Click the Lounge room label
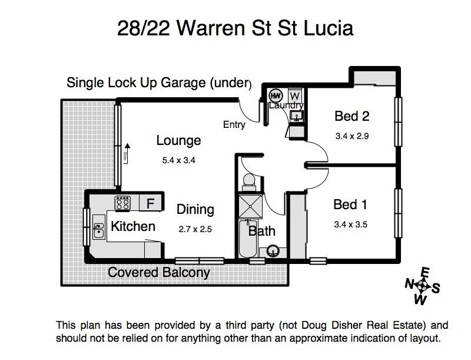coord(178,141)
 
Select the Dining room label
coord(195,209)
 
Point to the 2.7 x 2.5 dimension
coord(194,229)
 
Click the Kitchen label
coord(133,226)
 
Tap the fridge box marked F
coord(151,204)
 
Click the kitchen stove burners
coord(122,203)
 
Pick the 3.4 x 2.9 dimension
coord(352,136)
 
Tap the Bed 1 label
coord(350,205)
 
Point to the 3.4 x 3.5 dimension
coord(351,224)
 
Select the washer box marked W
coord(296,95)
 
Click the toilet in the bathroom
coord(248,180)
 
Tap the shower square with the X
coord(250,206)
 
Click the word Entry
coord(234,125)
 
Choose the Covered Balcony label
coord(159,273)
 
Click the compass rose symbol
coord(423,286)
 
